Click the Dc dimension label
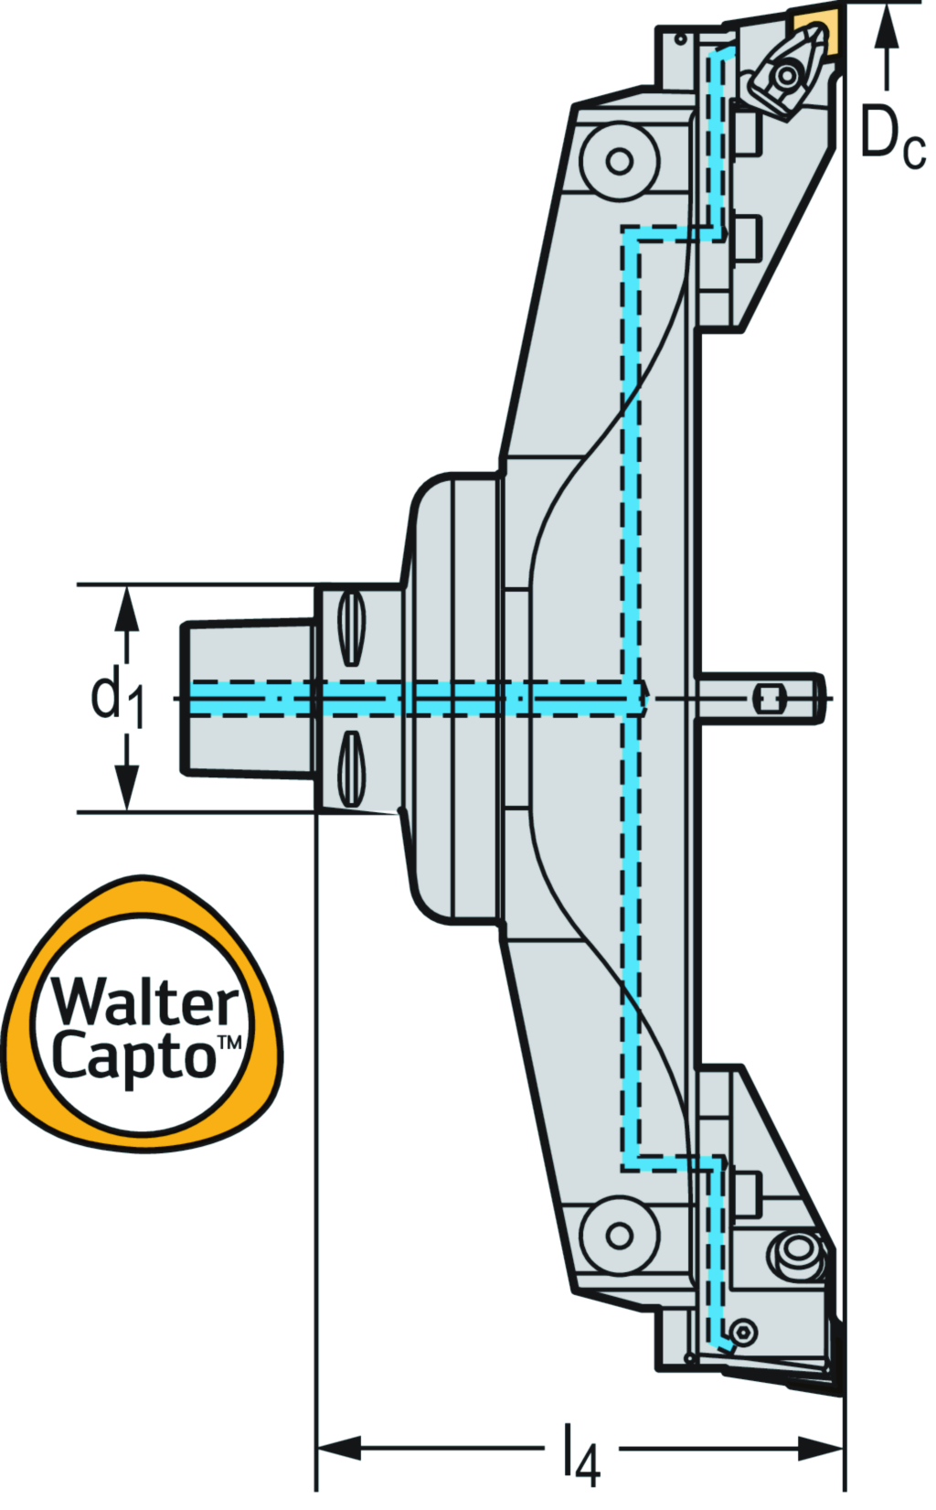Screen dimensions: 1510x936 891,137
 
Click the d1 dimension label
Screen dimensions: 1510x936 116,697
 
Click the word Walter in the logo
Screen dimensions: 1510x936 144,1002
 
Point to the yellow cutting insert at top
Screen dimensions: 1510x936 813,28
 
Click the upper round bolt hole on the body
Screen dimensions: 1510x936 620,162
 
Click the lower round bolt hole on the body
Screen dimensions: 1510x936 620,1235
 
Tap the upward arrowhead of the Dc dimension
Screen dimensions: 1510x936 885,27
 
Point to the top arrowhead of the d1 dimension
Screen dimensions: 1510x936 128,609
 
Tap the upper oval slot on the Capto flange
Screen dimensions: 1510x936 351,628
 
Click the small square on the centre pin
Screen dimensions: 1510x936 768,700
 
